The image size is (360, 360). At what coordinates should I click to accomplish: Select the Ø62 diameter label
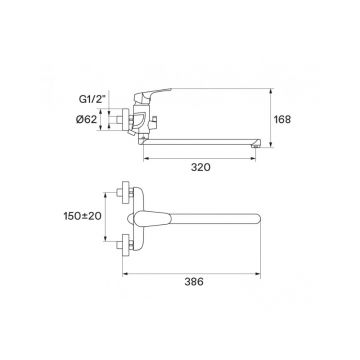tap(86, 119)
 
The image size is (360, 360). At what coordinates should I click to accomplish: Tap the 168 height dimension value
tap(282, 119)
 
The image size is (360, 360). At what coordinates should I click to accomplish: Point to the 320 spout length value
tap(201, 167)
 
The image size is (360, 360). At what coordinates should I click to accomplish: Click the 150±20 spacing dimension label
tap(82, 216)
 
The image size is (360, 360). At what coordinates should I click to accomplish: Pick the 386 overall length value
tap(194, 282)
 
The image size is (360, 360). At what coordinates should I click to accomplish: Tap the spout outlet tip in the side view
tap(256, 144)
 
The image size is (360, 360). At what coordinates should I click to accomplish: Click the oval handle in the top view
tap(150, 218)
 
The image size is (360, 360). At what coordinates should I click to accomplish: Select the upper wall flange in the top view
tap(125, 192)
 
